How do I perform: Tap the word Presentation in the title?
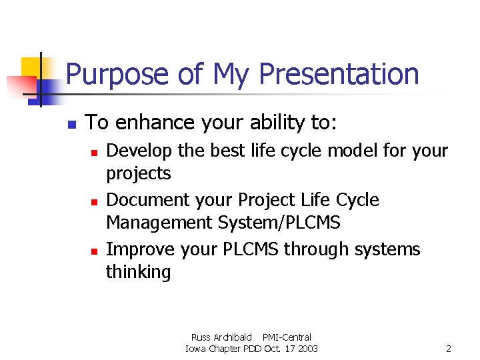point(339,75)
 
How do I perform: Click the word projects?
point(139,174)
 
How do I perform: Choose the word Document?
point(145,200)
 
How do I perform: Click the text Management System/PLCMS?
point(223,223)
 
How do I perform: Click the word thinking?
point(139,272)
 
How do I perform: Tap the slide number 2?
point(449,349)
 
